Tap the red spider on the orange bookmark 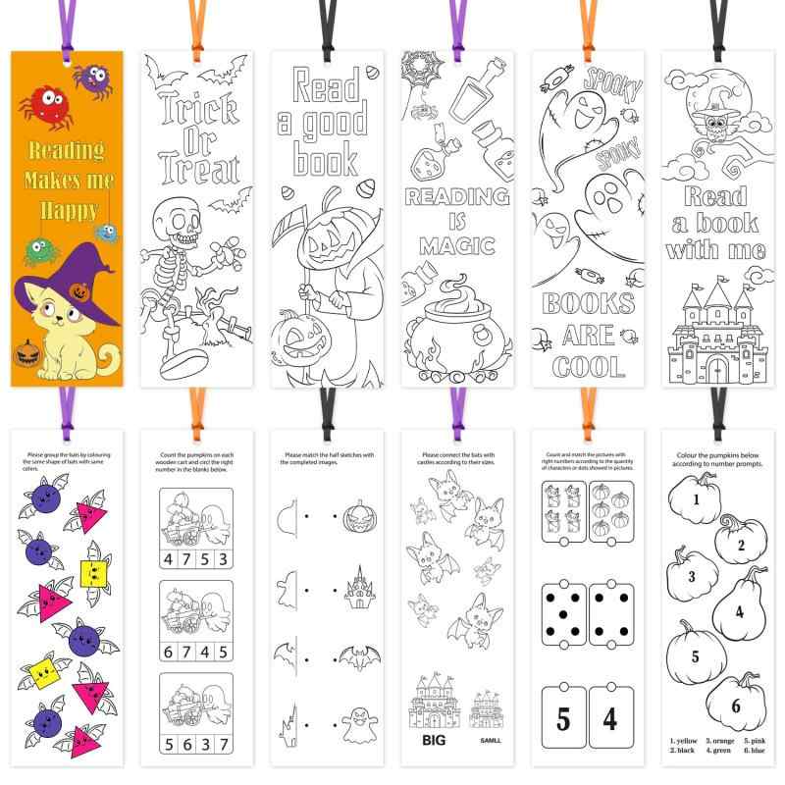[x=41, y=101]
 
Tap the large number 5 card [x=564, y=719]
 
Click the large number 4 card [x=612, y=719]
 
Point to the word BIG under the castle [x=431, y=740]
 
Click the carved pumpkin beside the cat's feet [x=30, y=355]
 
